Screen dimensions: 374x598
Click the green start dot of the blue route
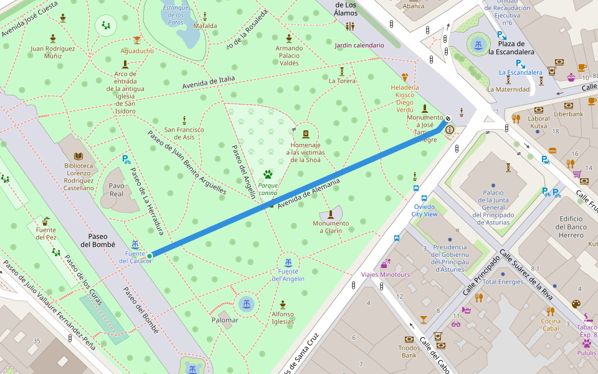pos(150,256)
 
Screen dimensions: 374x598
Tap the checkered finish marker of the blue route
pos(448,118)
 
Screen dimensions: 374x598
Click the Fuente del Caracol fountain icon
pos(135,244)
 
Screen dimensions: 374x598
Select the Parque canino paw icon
pos(268,175)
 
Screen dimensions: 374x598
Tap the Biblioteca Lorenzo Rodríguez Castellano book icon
pos(78,156)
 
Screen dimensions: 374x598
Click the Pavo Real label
pos(116,189)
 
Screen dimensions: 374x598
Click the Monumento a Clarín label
pos(331,227)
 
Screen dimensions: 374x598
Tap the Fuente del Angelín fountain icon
pos(288,262)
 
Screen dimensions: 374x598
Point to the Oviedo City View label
pos(424,210)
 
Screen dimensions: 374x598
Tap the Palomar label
pos(225,320)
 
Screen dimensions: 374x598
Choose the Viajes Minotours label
pos(386,274)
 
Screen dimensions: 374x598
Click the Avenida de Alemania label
pos(309,193)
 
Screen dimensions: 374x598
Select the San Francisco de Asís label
pos(184,133)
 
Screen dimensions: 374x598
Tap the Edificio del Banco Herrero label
pos(571,227)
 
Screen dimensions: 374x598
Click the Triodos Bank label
pos(409,352)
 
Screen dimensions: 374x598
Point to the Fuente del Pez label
pos(45,234)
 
